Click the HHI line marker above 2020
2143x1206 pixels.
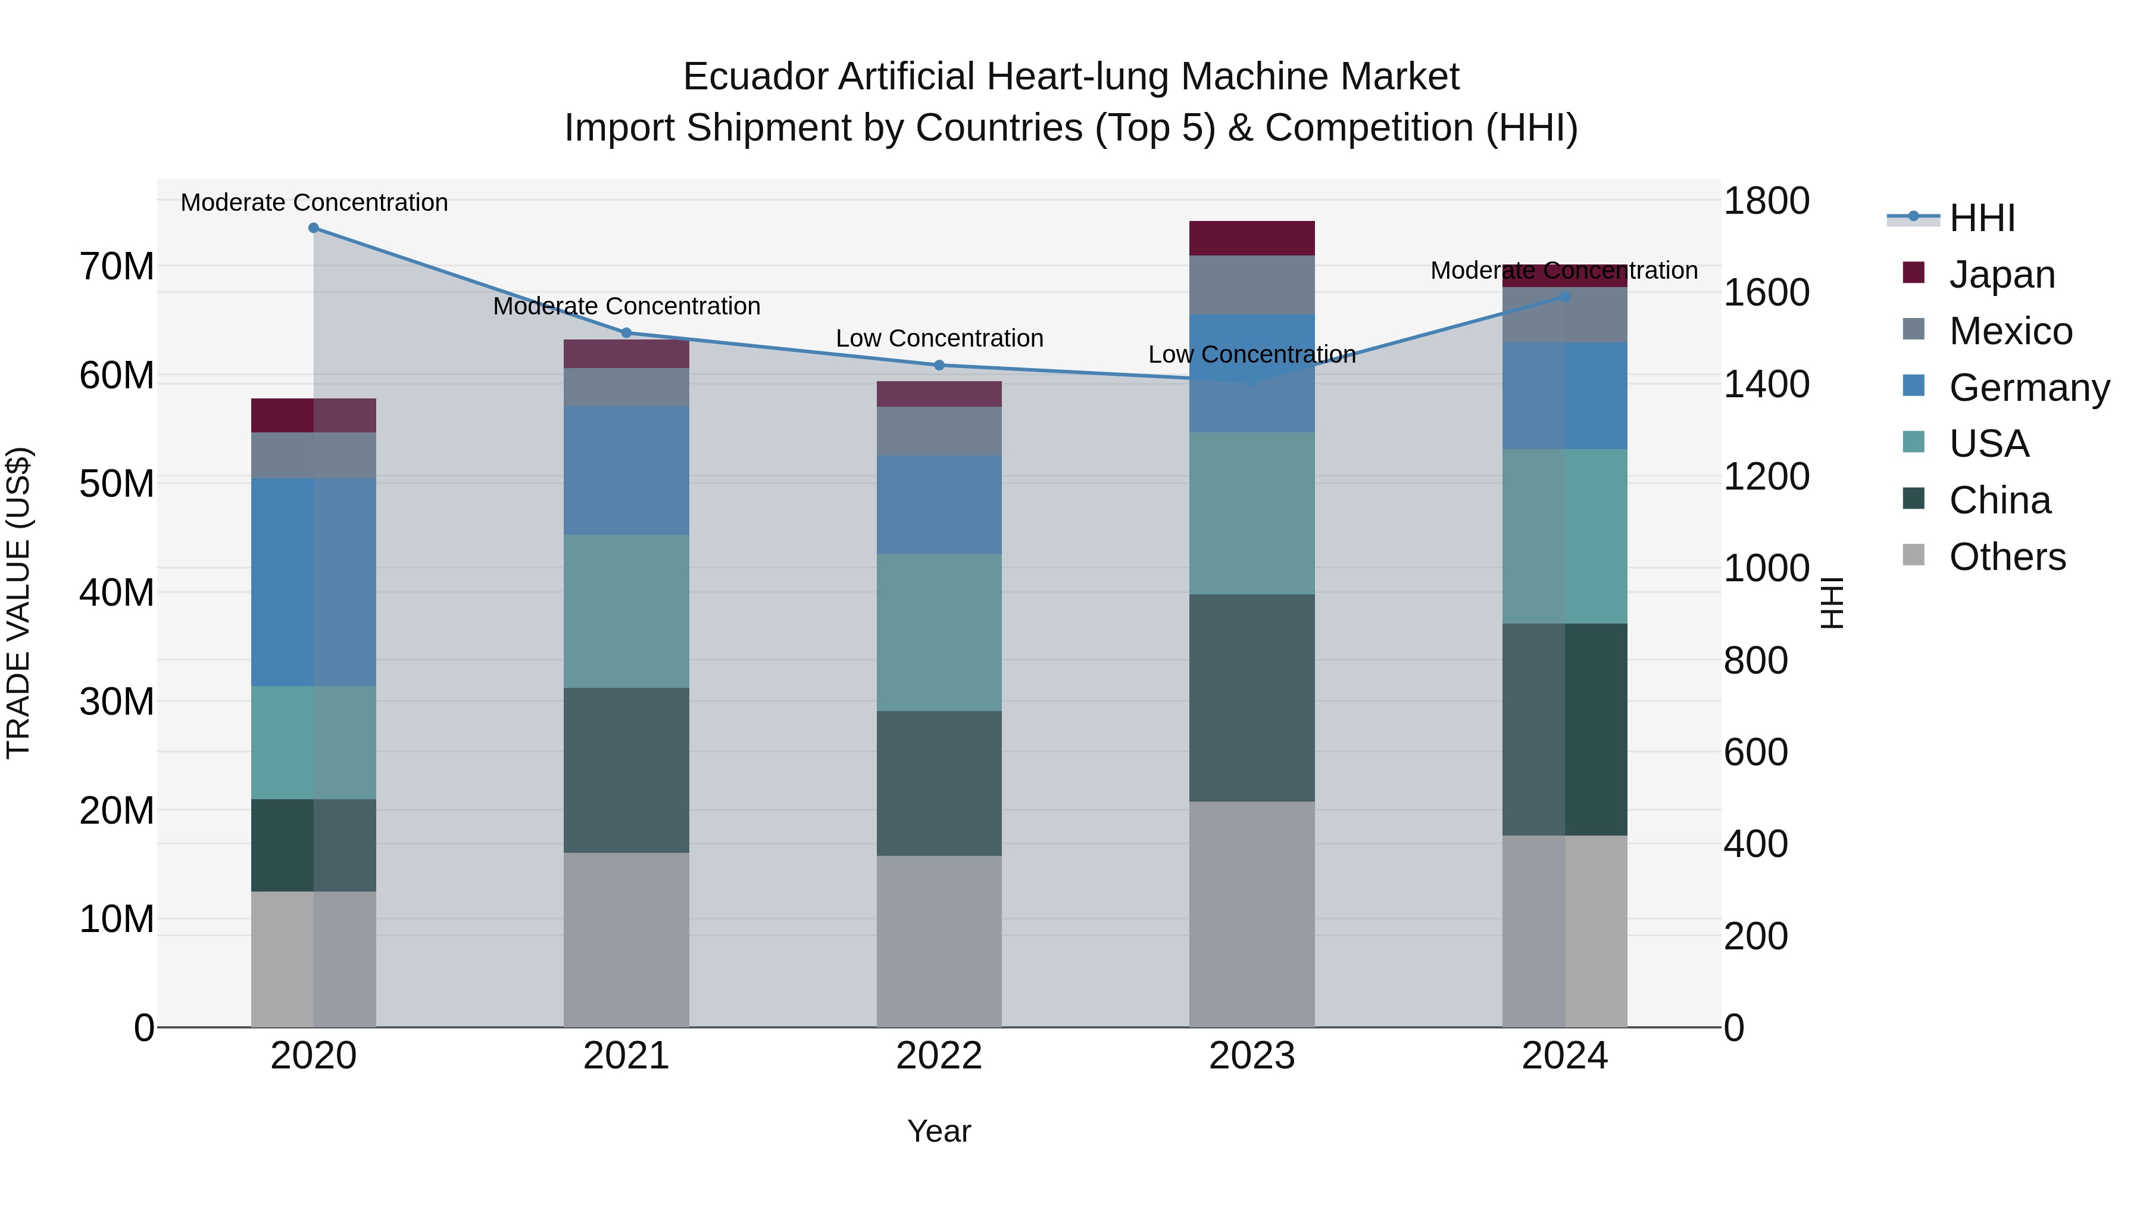click(x=314, y=228)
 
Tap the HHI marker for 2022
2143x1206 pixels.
click(x=939, y=366)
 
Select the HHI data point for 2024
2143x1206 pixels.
click(x=1565, y=297)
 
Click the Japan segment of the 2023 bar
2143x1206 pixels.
click(x=1251, y=238)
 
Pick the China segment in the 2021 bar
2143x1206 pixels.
click(x=626, y=770)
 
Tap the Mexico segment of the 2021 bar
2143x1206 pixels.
click(x=626, y=387)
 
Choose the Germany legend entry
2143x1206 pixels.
click(x=2028, y=388)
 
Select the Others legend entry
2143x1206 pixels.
click(x=2007, y=557)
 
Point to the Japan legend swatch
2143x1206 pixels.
click(x=1913, y=273)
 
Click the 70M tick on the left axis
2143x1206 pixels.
click(x=117, y=267)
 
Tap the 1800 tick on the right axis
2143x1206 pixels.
click(x=1766, y=201)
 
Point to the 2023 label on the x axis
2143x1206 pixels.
click(x=1251, y=1056)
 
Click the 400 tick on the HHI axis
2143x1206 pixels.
click(x=1755, y=844)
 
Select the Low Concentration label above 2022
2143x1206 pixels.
click(x=939, y=339)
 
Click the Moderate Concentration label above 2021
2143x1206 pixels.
click(x=626, y=306)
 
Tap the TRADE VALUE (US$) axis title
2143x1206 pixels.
click(x=18, y=603)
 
